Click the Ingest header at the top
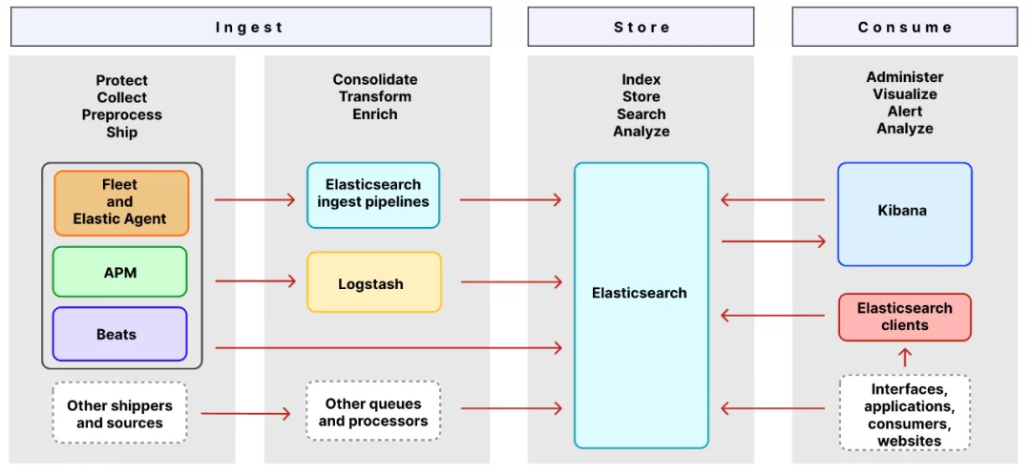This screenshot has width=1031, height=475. tap(250, 27)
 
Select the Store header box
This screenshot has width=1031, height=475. tap(641, 27)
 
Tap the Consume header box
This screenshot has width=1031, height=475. tap(904, 27)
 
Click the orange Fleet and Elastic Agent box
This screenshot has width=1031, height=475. tap(121, 202)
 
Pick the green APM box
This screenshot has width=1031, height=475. tap(120, 273)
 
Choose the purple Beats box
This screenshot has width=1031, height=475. tap(120, 334)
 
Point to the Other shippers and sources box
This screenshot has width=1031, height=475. tap(119, 414)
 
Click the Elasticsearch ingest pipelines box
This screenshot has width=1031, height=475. tap(373, 195)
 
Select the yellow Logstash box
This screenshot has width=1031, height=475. tap(373, 282)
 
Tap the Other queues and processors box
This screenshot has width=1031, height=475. tap(373, 411)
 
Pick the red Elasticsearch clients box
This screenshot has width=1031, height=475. tap(904, 317)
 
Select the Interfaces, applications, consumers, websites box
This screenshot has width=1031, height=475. tap(905, 414)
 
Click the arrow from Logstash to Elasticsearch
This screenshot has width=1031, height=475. tap(511, 281)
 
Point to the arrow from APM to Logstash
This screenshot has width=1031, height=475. tap(255, 281)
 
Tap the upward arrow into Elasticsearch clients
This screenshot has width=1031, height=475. tap(905, 358)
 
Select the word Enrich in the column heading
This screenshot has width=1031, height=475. tap(375, 114)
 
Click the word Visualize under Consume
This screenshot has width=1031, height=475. tap(904, 94)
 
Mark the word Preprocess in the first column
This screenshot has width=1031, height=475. tap(122, 115)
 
